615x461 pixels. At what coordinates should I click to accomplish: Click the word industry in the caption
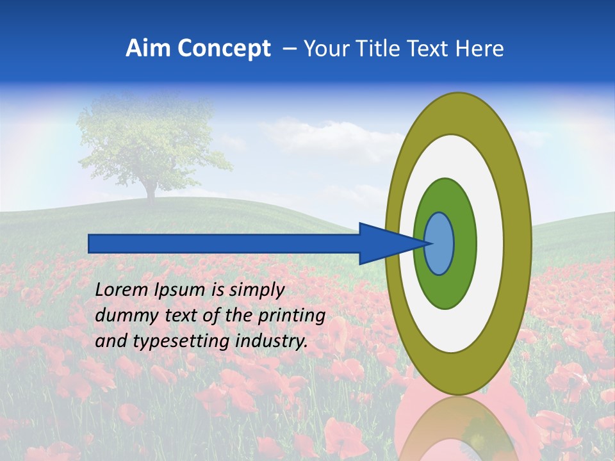pyautogui.click(x=272, y=341)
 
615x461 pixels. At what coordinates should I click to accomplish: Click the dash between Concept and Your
pyautogui.click(x=289, y=49)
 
